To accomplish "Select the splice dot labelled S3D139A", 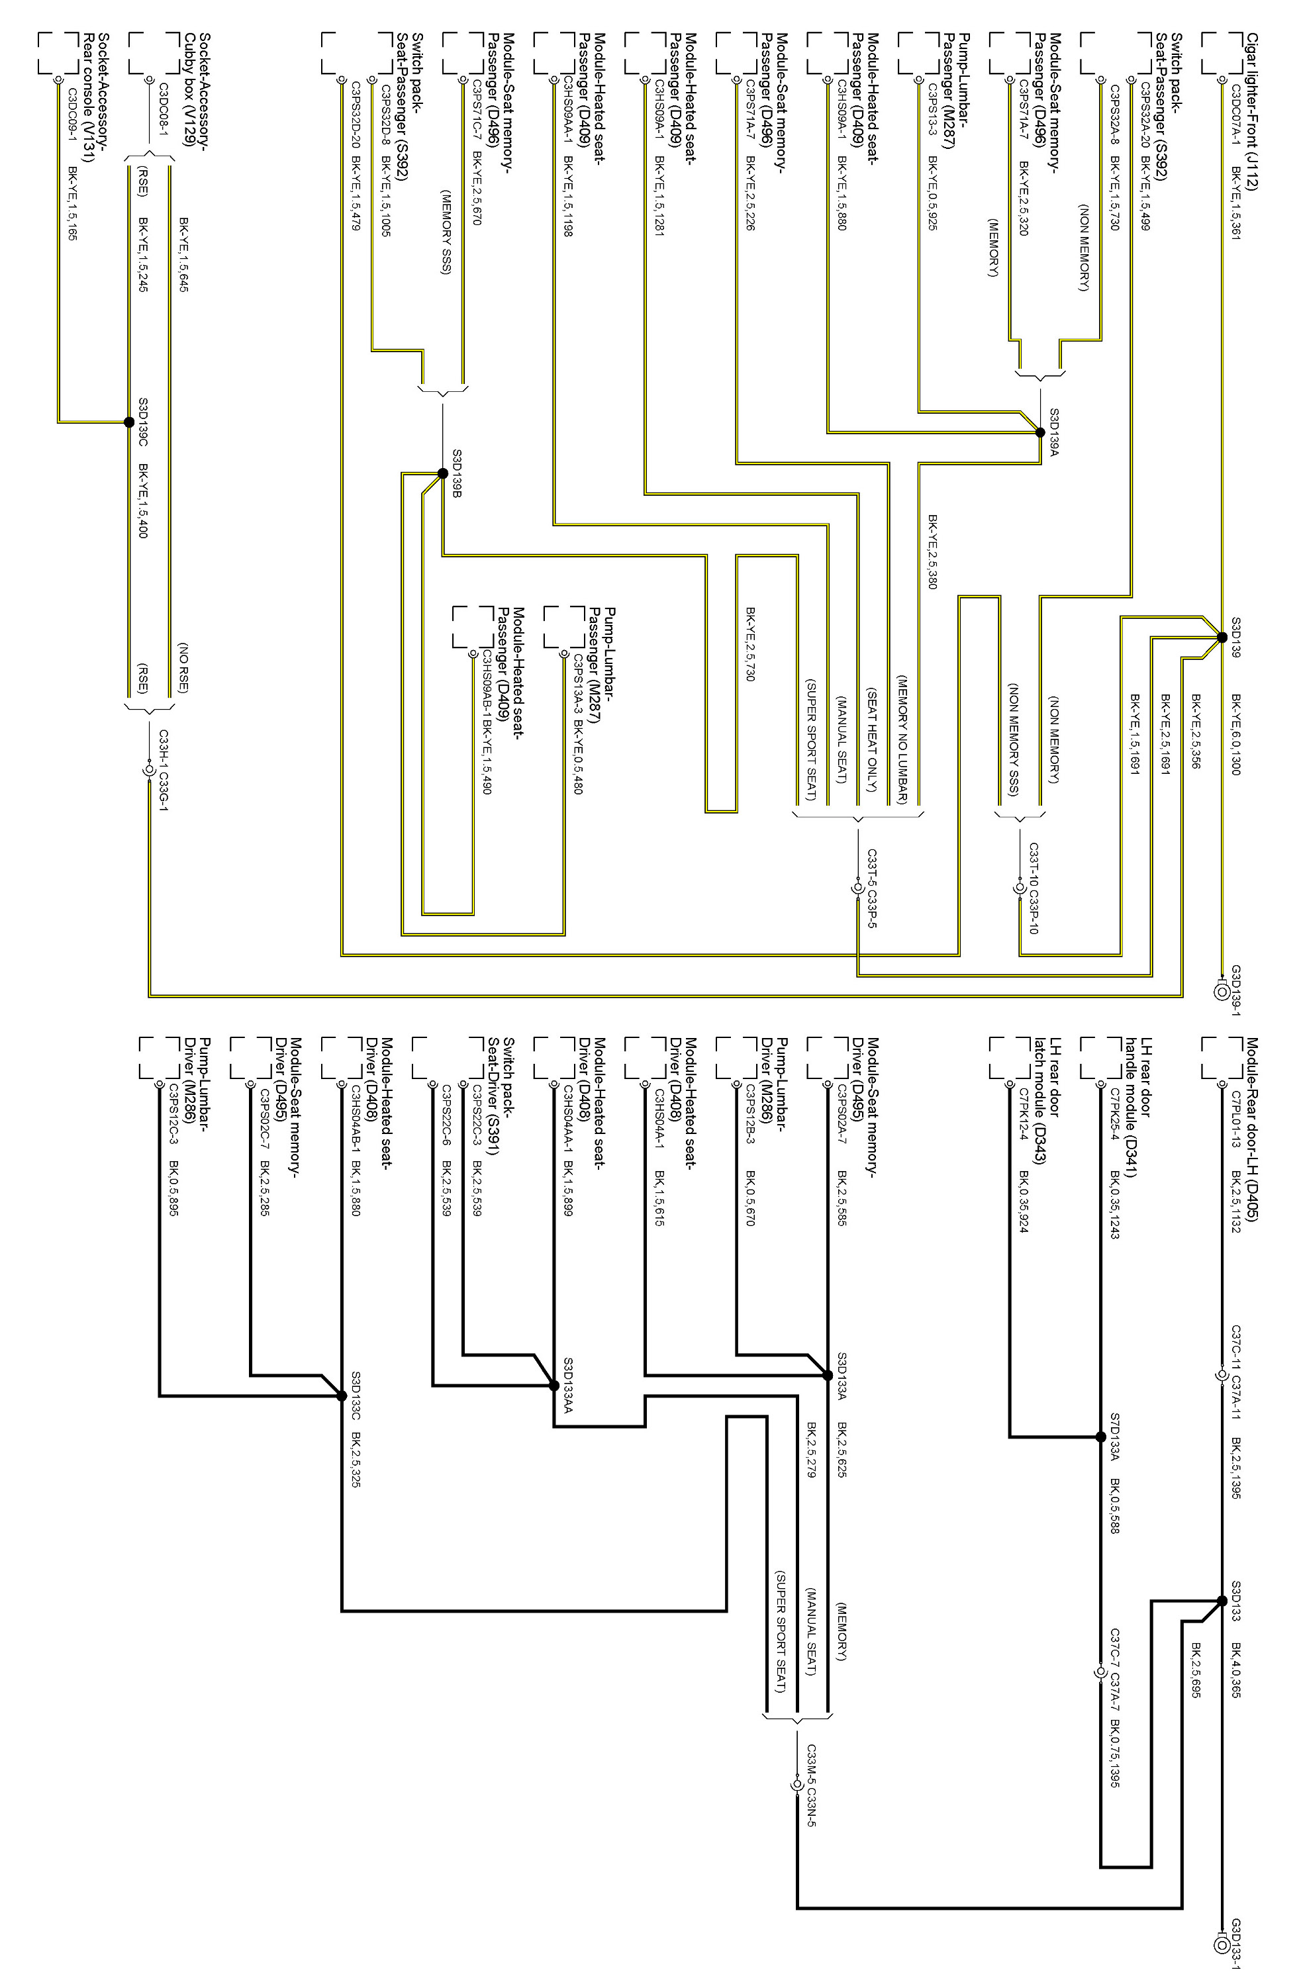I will (x=1039, y=432).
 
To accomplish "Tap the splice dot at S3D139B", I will (x=442, y=473).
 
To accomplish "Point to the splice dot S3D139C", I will (x=128, y=422).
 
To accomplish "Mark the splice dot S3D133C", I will (x=342, y=1395).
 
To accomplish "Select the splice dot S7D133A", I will (x=1100, y=1437).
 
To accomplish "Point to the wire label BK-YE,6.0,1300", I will (x=1236, y=734).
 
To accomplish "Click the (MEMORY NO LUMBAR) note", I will (x=902, y=739).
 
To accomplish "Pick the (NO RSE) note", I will (x=183, y=667).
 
